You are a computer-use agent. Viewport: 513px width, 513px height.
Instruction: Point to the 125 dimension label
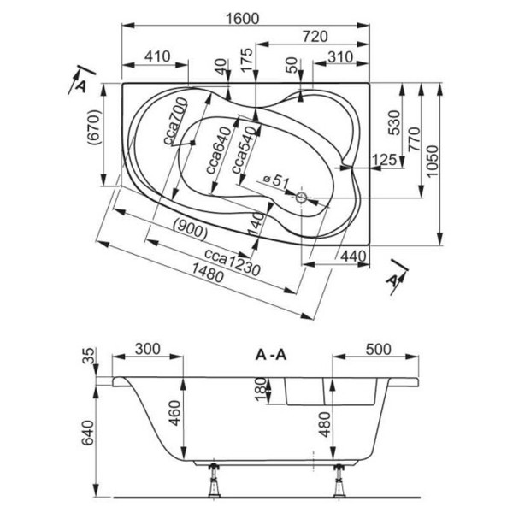click(384, 160)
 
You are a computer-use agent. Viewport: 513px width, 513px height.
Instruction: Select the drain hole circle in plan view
click(302, 198)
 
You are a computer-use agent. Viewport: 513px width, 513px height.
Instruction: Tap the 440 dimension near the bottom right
click(353, 256)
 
